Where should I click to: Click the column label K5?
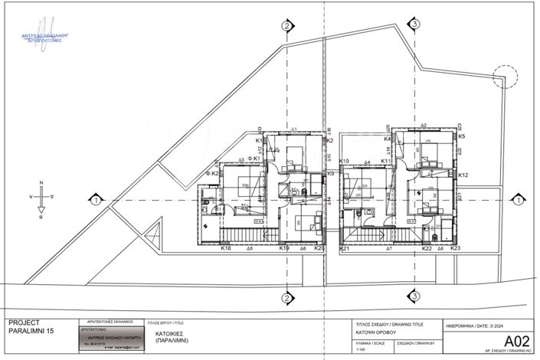(x=462, y=136)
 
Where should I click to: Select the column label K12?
(x=463, y=175)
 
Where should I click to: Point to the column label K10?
(x=345, y=162)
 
